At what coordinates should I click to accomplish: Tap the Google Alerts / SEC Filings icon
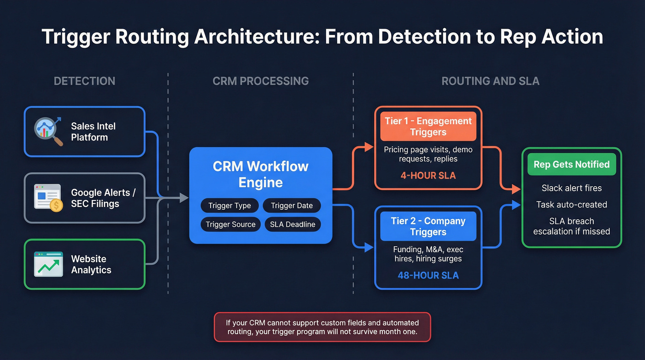(48, 198)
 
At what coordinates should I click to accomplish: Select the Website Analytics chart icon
(48, 264)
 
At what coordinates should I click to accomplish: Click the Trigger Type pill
(229, 206)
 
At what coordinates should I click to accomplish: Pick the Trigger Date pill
(292, 206)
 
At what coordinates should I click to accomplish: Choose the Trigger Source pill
(230, 224)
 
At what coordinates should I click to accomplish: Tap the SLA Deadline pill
(293, 224)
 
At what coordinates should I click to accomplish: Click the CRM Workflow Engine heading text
(260, 174)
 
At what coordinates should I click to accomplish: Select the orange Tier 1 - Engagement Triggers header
(428, 127)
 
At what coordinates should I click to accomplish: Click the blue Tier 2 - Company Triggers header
(428, 226)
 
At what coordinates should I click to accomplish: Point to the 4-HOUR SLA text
(428, 176)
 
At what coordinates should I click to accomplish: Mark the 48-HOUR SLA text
(428, 276)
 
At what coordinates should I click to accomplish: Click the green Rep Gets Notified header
(571, 165)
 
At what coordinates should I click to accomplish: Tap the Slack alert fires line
(571, 188)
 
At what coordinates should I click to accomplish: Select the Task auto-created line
(571, 205)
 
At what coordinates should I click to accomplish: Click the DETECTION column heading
(84, 81)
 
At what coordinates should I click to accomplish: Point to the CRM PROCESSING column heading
(260, 81)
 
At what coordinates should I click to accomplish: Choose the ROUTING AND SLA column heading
(490, 81)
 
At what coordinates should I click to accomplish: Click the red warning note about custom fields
(322, 327)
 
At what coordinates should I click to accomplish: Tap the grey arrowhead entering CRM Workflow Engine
(184, 198)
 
